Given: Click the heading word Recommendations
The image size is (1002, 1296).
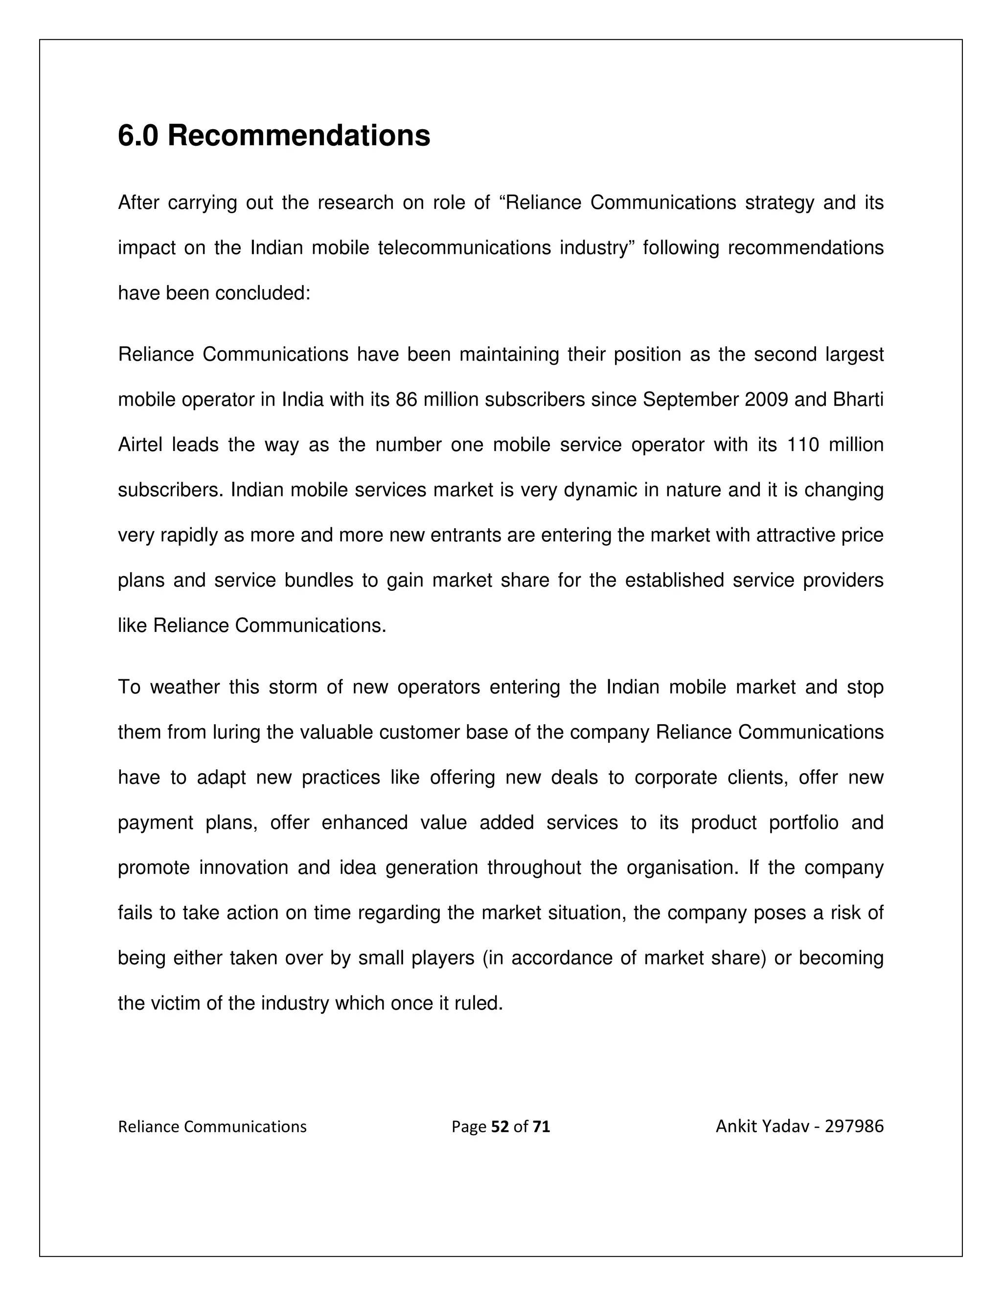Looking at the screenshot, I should [298, 136].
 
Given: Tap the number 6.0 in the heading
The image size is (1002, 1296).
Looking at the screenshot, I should [138, 136].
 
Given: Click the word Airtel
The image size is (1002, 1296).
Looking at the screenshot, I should [140, 445].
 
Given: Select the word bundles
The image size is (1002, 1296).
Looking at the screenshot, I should [319, 581].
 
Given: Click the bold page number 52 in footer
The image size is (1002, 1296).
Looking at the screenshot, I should [501, 1127].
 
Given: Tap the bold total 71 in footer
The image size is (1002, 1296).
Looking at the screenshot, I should [542, 1127].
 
